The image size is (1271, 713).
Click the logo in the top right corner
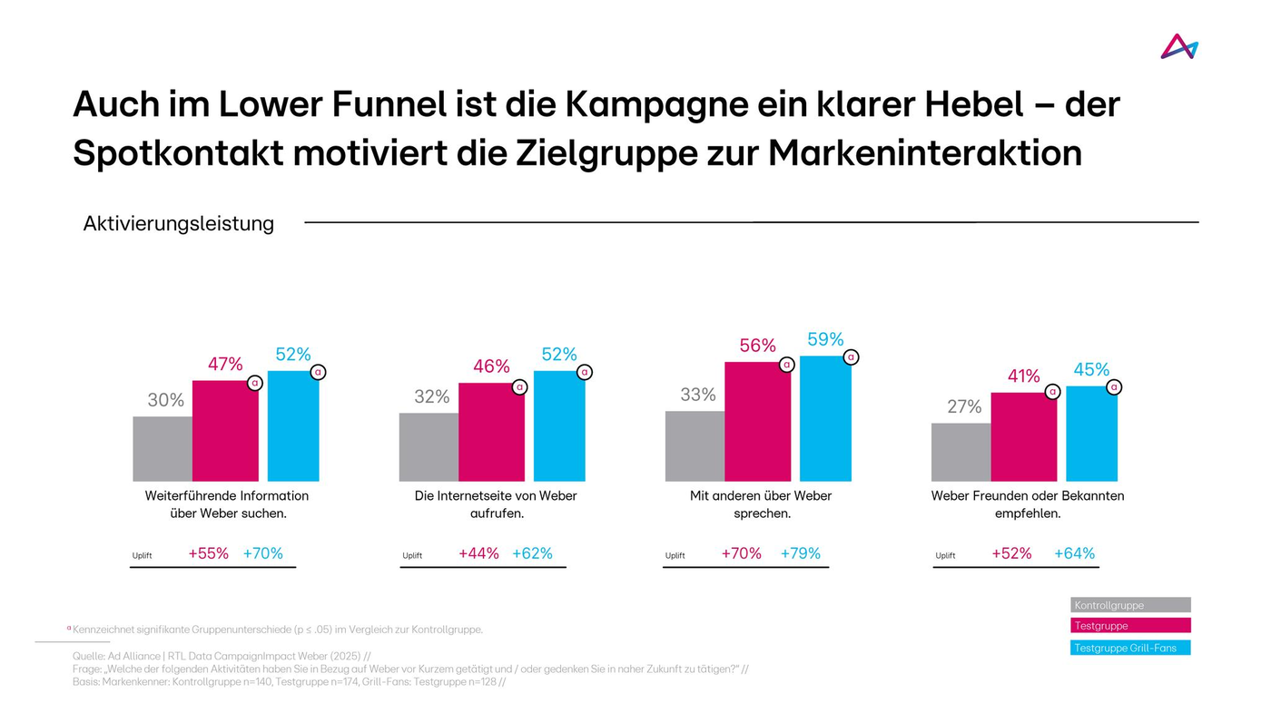[1179, 46]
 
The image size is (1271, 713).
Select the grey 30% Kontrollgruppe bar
[163, 449]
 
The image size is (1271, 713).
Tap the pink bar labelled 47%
[225, 431]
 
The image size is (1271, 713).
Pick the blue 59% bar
[825, 419]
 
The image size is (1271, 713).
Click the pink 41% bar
[1024, 436]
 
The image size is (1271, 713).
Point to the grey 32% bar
[429, 447]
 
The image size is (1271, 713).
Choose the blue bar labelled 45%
[1091, 434]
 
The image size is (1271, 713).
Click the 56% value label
[757, 346]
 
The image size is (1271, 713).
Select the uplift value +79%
[800, 553]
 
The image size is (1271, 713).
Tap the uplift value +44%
[478, 553]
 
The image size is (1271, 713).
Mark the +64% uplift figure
[1074, 553]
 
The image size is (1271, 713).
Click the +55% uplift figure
[208, 553]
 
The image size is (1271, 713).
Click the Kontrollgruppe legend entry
[1130, 605]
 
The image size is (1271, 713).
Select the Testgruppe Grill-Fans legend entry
[1130, 648]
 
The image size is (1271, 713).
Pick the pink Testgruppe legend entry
[1130, 626]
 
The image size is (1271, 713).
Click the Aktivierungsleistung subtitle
[179, 223]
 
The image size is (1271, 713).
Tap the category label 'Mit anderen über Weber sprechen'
[761, 504]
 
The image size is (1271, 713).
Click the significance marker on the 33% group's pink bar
[787, 365]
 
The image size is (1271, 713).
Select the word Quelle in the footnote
[89, 656]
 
